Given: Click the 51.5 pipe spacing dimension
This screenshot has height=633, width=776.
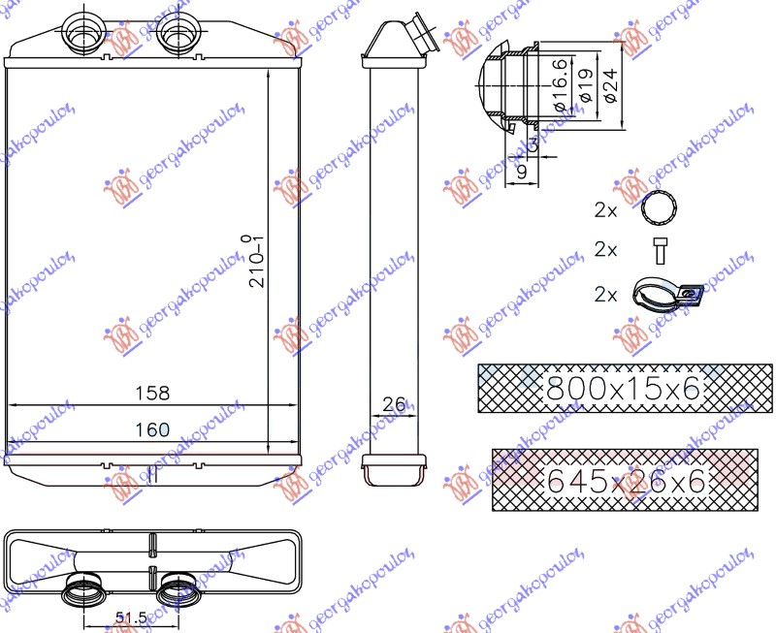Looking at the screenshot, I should tap(128, 617).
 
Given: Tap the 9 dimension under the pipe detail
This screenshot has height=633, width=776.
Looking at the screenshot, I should tap(520, 173).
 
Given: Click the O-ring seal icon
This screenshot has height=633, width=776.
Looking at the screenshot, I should tap(661, 208).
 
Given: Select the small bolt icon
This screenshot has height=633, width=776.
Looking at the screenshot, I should tap(661, 250).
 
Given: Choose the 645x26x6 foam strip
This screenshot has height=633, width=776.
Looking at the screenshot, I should tap(625, 479).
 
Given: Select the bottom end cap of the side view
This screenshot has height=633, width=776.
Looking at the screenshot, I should tap(393, 469).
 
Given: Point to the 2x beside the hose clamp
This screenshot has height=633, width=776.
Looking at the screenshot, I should tap(606, 295).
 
